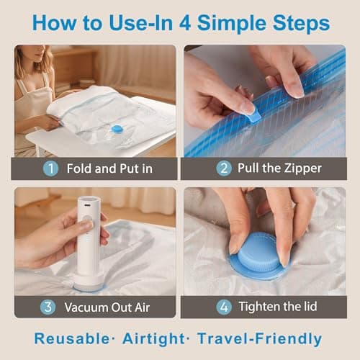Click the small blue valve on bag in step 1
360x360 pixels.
(x=117, y=129)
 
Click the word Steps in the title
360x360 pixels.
(x=297, y=22)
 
